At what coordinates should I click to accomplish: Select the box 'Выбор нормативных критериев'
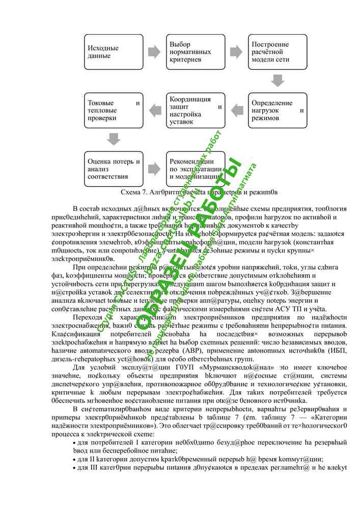click(194, 52)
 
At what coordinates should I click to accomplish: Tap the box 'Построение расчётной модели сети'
click(275, 52)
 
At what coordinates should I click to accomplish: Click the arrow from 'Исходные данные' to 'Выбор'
click(154, 52)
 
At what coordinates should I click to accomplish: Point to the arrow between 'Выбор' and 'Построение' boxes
click(235, 52)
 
